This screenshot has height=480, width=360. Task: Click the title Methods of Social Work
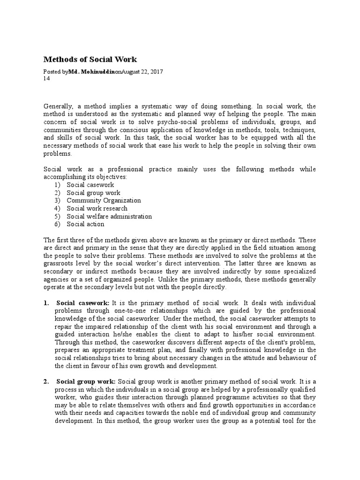(x=90, y=60)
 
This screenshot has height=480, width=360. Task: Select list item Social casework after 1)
(x=90, y=185)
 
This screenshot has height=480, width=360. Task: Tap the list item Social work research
(x=97, y=209)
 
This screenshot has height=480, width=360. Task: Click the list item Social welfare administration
(x=109, y=217)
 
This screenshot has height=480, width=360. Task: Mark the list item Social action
(x=85, y=224)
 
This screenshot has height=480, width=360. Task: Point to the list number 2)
(x=57, y=193)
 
